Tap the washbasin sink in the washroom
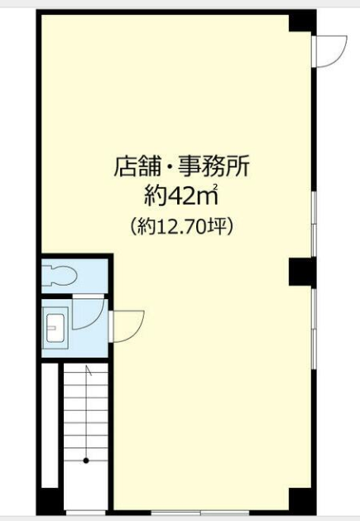click(x=55, y=328)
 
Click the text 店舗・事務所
click(x=181, y=166)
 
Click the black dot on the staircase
click(x=86, y=461)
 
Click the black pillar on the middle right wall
click(x=302, y=273)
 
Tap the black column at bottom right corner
click(x=302, y=500)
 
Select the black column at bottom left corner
click(x=50, y=501)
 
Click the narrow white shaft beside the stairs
click(x=50, y=425)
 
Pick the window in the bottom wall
click(x=200, y=512)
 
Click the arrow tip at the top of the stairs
click(x=87, y=366)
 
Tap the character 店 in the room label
click(x=124, y=166)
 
